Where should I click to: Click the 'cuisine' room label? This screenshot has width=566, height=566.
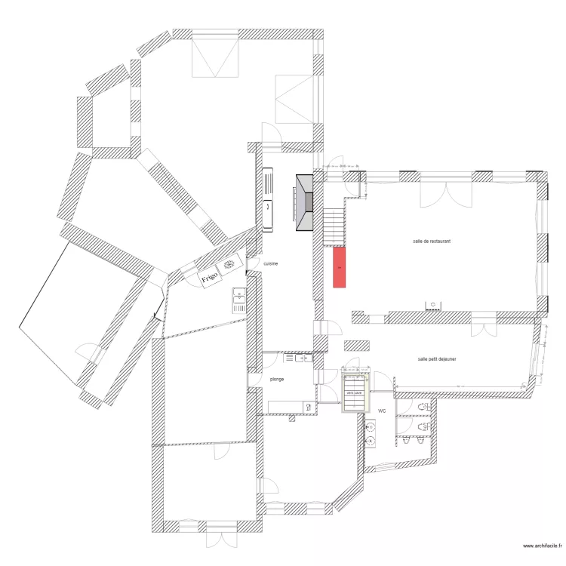[x=270, y=264]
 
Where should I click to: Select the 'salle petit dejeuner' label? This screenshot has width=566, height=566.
[x=437, y=359]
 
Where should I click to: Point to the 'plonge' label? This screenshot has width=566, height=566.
[x=276, y=379]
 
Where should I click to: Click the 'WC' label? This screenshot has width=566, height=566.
[x=383, y=411]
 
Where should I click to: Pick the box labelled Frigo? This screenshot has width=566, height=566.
[x=210, y=277]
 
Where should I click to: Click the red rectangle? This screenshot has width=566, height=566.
[x=340, y=267]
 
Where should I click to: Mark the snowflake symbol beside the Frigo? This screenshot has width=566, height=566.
[x=229, y=265]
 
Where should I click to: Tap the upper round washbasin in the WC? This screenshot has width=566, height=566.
[x=371, y=427]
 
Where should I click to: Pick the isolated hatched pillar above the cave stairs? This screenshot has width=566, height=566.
[x=356, y=345]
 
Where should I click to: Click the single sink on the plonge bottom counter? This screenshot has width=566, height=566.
[x=307, y=408]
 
